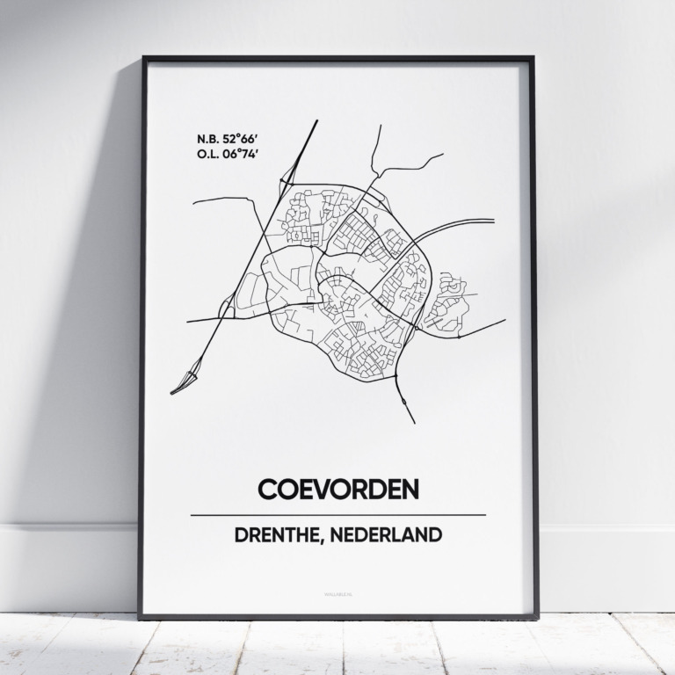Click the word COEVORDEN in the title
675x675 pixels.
337,489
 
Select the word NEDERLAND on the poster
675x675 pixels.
392,535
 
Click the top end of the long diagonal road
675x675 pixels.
316,121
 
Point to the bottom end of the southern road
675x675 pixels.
414,422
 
